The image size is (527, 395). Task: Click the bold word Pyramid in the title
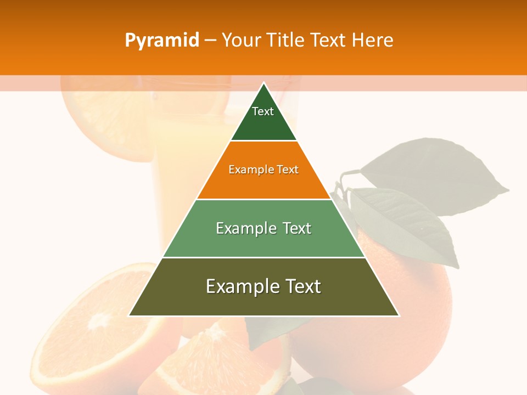tap(161, 41)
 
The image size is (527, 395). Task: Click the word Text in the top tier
tap(263, 111)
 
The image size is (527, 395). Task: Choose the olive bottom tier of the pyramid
tap(263, 302)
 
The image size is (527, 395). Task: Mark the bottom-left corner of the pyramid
tap(130, 315)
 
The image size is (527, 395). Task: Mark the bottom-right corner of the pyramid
tap(399, 315)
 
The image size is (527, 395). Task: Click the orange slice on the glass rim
tap(104, 115)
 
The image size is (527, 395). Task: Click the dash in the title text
tap(210, 41)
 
